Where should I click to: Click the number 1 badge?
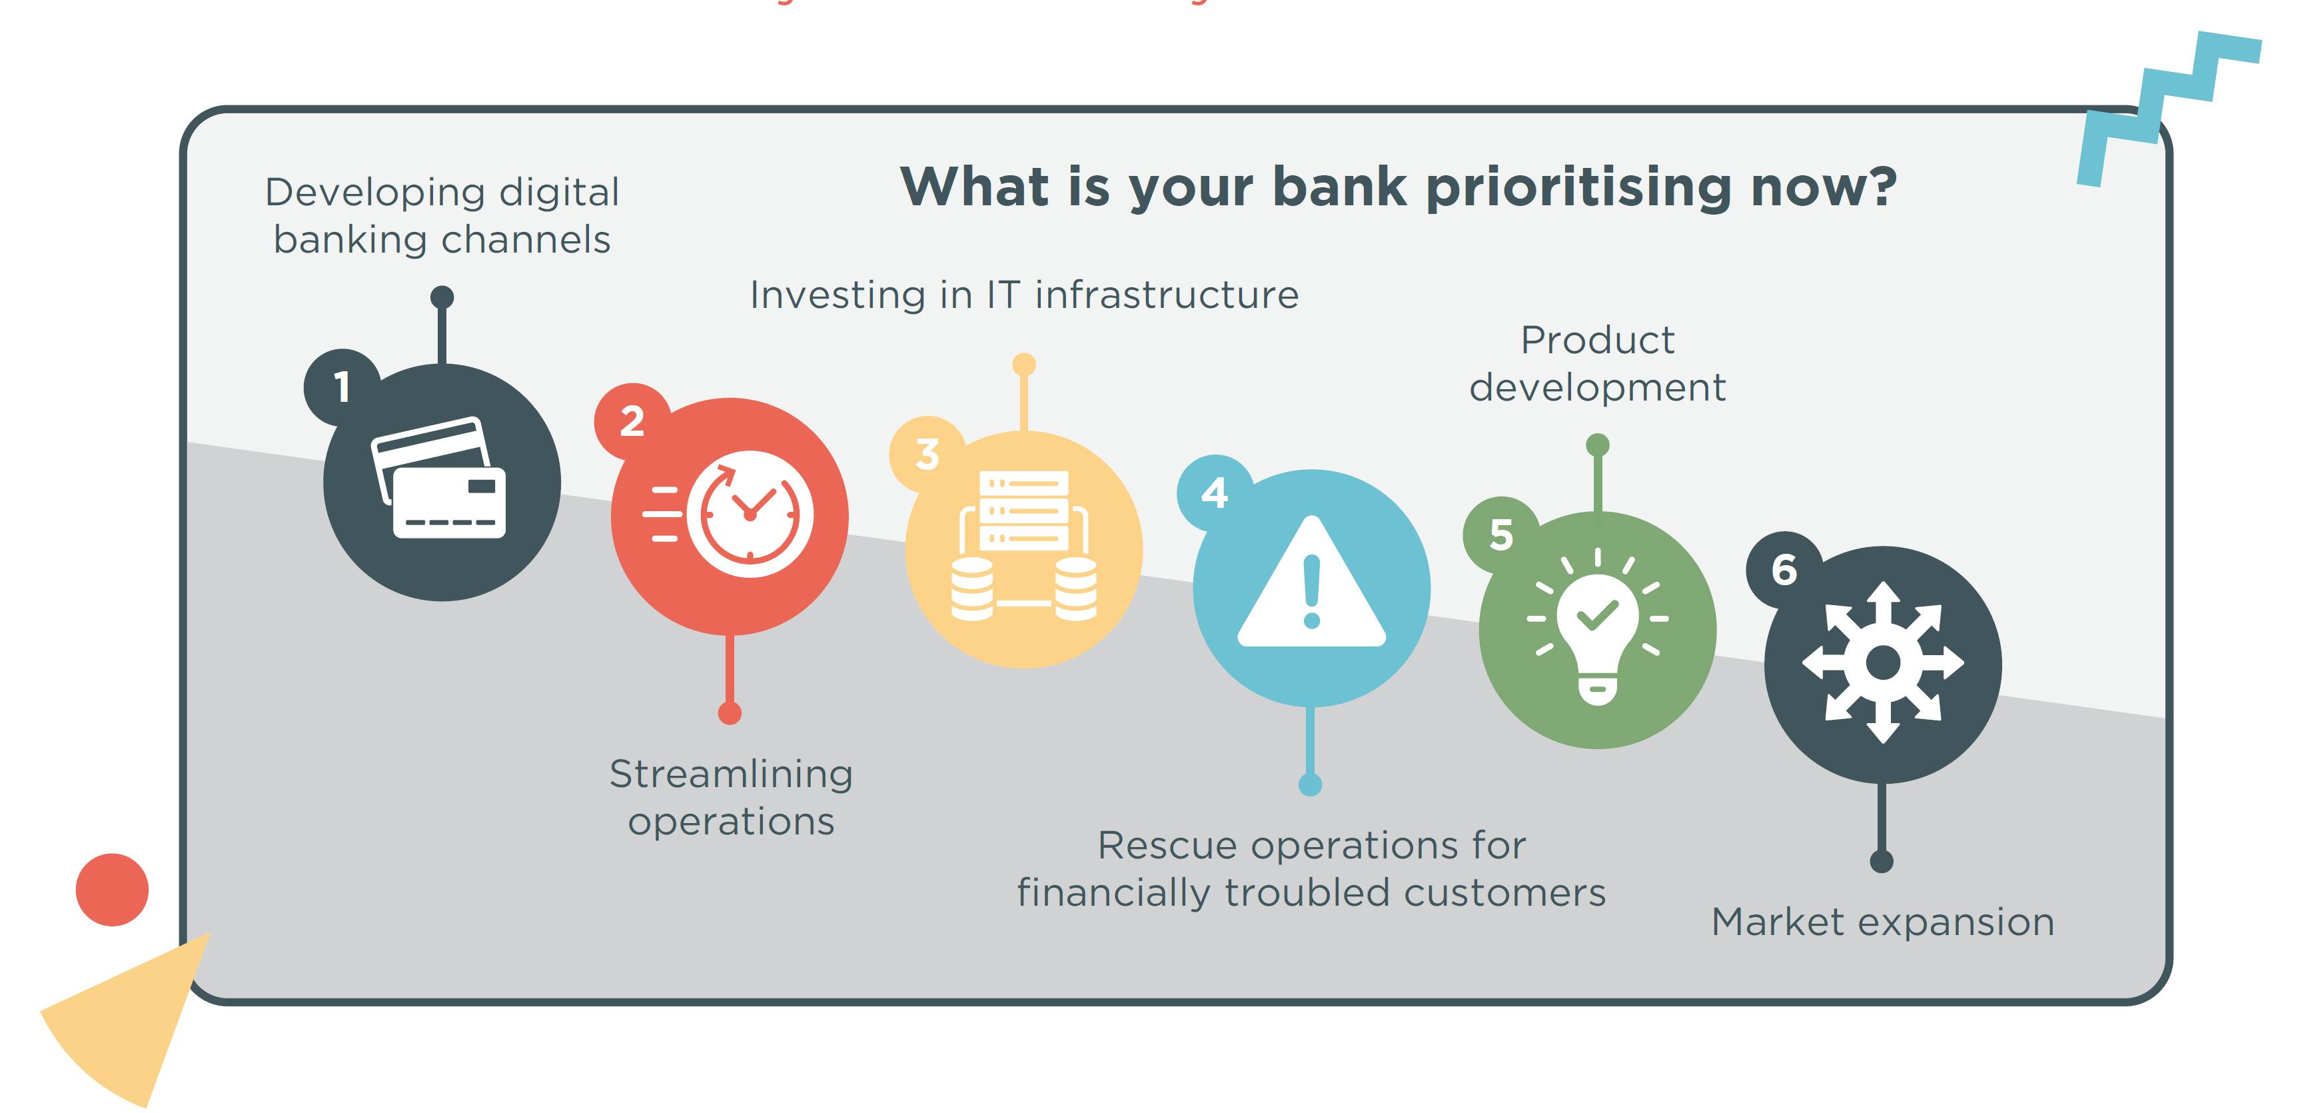point(342,387)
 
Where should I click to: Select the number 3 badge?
point(927,455)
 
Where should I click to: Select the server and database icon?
point(1024,545)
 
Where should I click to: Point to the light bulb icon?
point(1597,626)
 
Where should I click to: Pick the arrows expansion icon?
point(1882,663)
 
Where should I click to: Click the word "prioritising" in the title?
point(1578,188)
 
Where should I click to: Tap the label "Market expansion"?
point(1882,922)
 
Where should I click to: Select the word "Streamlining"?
point(731,774)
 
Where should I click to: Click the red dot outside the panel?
point(111,889)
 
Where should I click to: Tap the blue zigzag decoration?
point(2169,108)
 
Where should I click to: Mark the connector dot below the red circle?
point(730,714)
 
